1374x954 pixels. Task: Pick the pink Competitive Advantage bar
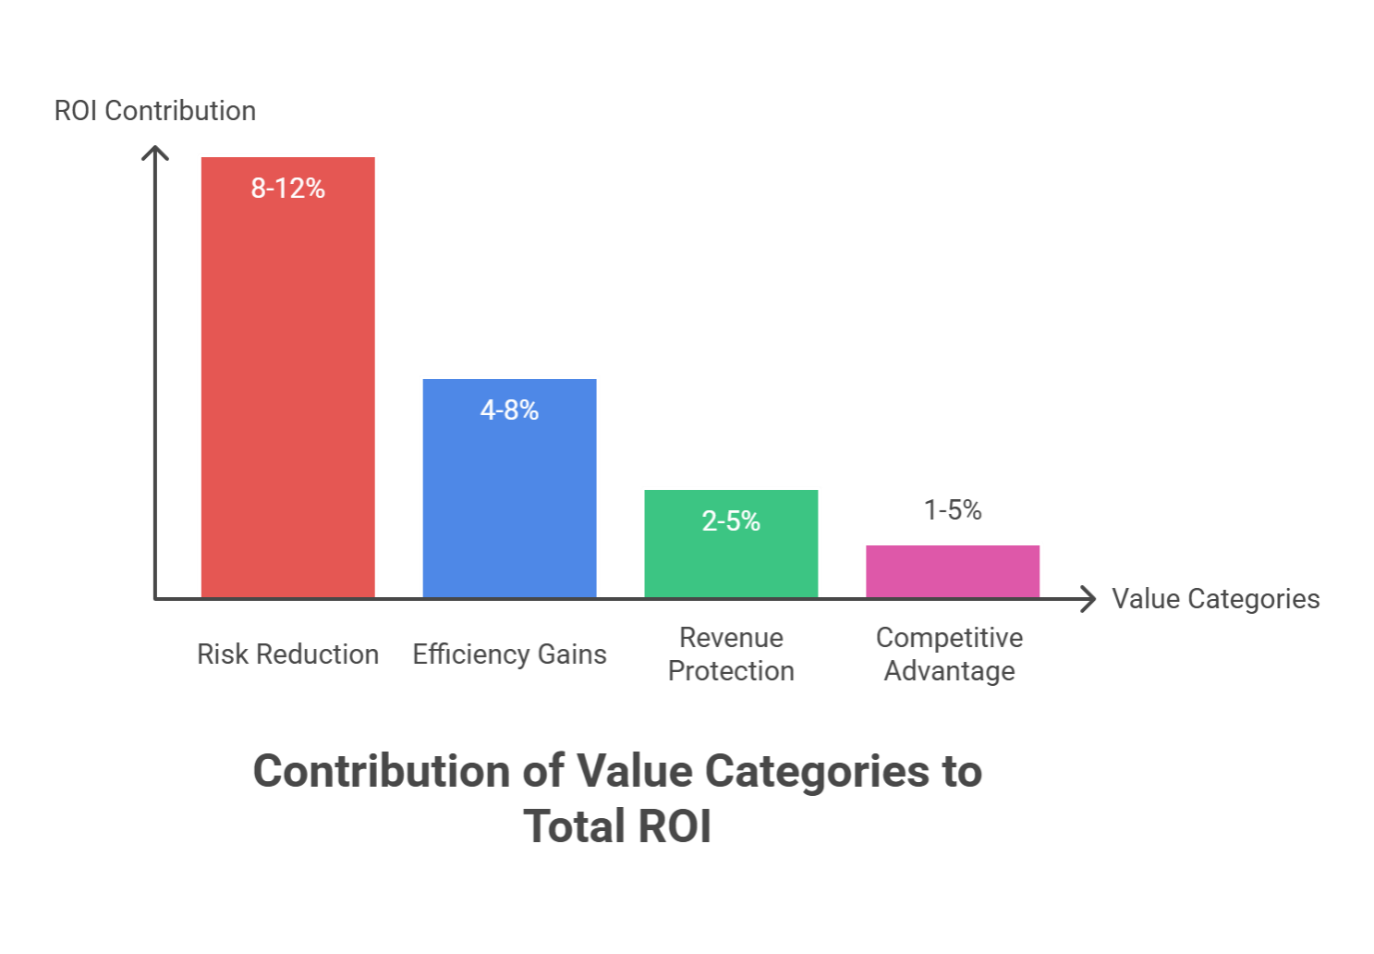click(x=953, y=571)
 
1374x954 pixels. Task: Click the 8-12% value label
click(x=288, y=188)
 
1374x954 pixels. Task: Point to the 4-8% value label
click(x=510, y=410)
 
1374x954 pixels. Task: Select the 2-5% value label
click(x=731, y=521)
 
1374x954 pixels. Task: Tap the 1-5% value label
click(x=953, y=510)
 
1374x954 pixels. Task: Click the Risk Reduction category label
click(x=288, y=654)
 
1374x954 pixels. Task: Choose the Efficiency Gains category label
click(x=510, y=654)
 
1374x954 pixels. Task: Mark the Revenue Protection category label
click(x=731, y=654)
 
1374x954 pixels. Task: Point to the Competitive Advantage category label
click(x=949, y=654)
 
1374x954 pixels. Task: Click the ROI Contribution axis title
click(x=155, y=111)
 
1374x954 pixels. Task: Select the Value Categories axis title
click(x=1215, y=599)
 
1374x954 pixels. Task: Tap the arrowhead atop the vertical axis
click(x=155, y=152)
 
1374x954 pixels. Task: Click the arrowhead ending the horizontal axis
click(x=1089, y=599)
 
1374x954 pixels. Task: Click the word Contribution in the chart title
click(x=382, y=771)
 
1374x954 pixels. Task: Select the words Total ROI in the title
click(x=618, y=827)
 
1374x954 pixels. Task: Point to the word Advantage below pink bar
click(x=949, y=671)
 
